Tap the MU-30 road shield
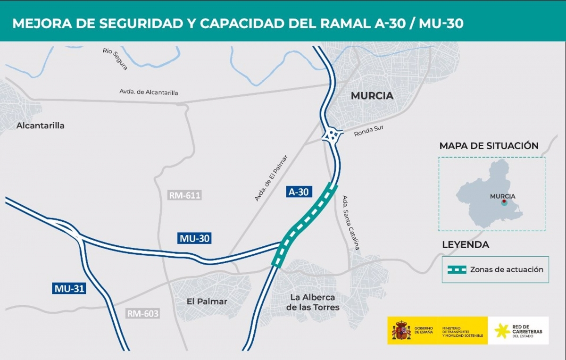194,239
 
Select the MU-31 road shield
69,288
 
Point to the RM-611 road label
184,195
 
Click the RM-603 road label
142,313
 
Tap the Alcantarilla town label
40,126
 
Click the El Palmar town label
207,301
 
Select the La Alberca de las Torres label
313,302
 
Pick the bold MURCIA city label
372,96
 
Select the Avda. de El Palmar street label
271,178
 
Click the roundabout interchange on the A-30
332,136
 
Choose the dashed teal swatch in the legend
456,270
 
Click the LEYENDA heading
465,245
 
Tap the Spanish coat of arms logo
401,330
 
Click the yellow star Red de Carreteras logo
502,331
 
